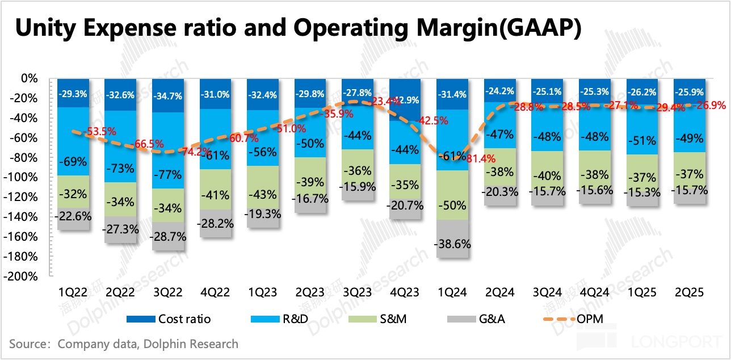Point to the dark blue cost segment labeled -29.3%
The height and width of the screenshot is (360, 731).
pos(73,93)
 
